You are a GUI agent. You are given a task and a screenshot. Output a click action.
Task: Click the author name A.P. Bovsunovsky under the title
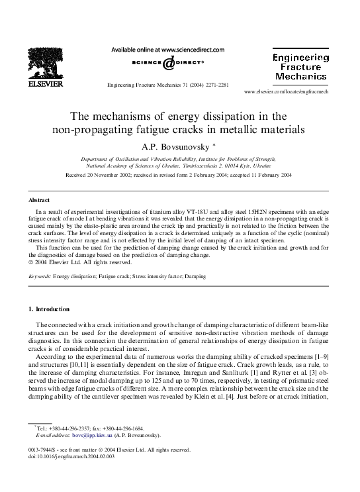point(177,146)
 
